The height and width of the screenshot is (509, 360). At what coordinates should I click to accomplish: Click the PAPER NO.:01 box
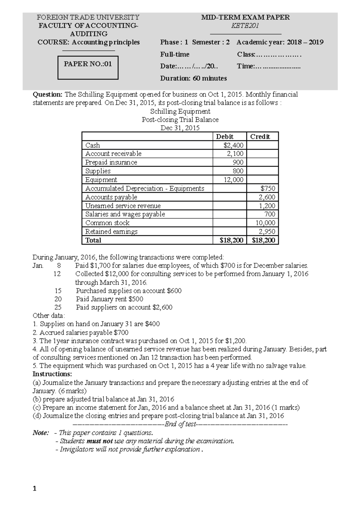point(88,67)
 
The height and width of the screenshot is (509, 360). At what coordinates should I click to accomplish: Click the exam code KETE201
point(245,26)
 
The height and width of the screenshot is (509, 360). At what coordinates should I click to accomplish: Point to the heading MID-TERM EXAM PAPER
point(245,17)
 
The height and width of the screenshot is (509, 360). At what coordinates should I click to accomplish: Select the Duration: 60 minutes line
point(193,79)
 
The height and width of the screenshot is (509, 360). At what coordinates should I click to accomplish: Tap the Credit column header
point(260,137)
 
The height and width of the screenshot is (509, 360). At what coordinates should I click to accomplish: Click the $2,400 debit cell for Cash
point(233,145)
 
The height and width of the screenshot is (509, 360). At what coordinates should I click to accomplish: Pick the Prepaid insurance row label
point(111,162)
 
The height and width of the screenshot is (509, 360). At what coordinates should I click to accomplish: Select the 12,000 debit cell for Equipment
point(233,180)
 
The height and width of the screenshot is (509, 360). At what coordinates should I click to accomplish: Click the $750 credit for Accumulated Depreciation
point(268,189)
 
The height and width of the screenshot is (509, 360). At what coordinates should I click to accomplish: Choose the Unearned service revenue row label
point(123,206)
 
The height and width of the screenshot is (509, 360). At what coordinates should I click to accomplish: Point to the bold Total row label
point(93,240)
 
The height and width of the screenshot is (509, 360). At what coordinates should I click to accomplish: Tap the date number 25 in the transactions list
point(58,307)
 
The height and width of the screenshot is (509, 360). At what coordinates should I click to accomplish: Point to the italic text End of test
point(180,424)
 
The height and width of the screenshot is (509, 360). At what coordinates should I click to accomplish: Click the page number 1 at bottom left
point(34,489)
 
